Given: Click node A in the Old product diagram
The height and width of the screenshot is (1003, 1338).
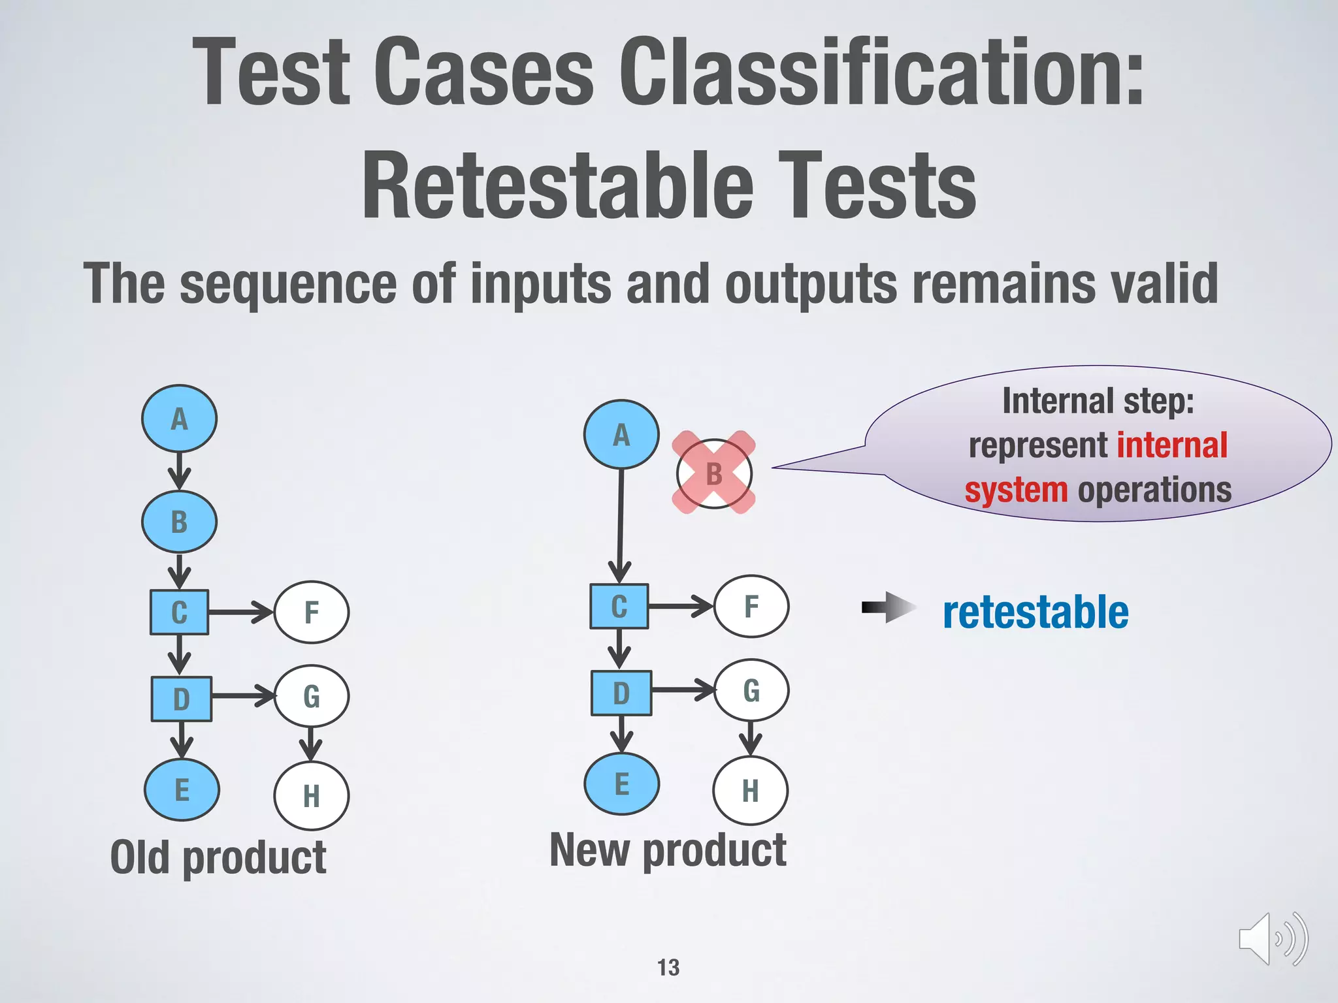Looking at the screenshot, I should point(179,419).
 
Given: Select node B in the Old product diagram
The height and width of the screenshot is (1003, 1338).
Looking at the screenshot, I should point(179,522).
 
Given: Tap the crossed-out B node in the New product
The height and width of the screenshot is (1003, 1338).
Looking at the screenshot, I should point(714,473).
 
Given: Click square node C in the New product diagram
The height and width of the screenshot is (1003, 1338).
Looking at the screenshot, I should point(619,606).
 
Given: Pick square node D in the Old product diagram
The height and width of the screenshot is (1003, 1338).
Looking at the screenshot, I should point(181,699).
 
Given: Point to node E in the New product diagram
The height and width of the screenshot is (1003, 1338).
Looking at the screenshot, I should point(621,784).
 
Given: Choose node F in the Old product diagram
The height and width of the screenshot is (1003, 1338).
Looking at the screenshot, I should point(312,613).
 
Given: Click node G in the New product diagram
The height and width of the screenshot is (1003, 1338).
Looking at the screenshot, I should point(751,690).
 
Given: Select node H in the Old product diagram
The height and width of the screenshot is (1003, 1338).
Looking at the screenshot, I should point(312,795).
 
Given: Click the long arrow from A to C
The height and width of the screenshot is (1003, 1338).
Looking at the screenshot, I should point(621,522).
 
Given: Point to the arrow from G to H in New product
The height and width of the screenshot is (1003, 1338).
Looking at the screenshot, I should point(751,738).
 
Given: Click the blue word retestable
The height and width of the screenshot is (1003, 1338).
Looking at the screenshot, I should point(1036,613).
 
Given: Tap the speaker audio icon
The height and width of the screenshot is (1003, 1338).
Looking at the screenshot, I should point(1272,939).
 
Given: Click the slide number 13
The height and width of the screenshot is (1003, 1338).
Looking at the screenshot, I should point(668,967).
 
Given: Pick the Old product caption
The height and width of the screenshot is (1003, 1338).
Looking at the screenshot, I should point(218,857).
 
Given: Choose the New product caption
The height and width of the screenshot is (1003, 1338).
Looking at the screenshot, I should point(668,850).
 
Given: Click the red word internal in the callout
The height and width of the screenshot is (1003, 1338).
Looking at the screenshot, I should point(1172,445).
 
